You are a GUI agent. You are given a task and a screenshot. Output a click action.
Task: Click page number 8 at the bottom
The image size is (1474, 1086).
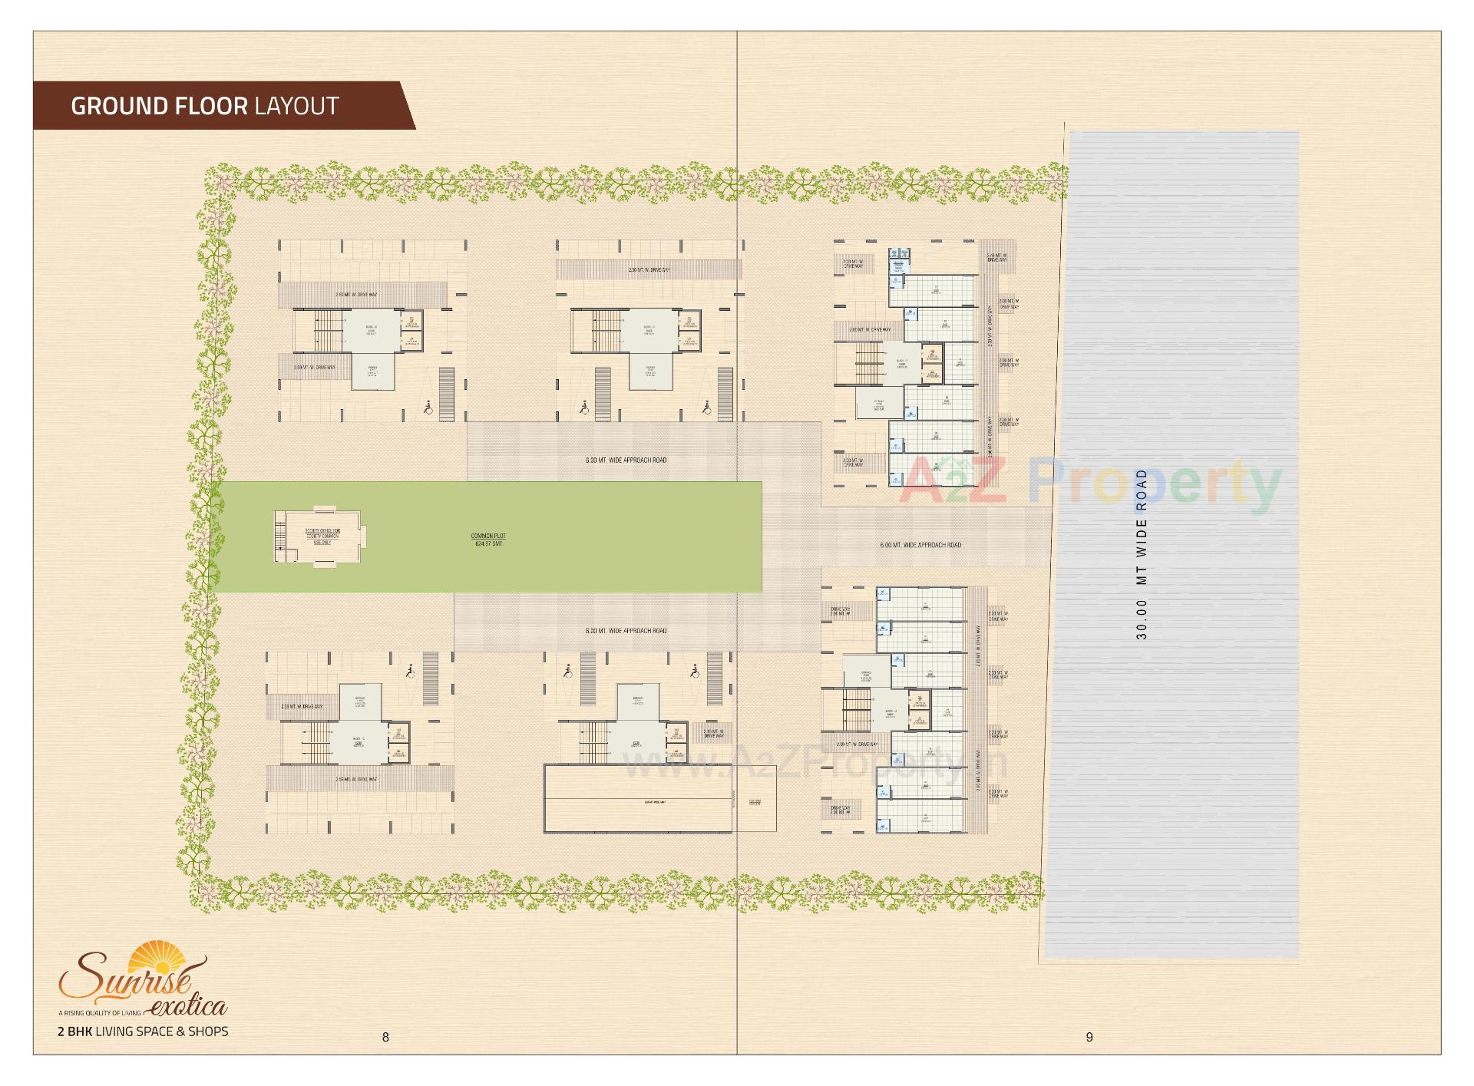(385, 1037)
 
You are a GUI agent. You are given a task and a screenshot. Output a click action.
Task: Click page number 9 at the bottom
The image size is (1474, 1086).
(1089, 1037)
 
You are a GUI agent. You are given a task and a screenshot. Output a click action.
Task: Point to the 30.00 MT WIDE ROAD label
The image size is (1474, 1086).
(1142, 554)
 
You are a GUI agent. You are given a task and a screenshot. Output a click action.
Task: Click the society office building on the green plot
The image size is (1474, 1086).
(319, 535)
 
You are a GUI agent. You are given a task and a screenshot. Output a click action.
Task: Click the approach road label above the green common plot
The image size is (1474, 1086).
(626, 460)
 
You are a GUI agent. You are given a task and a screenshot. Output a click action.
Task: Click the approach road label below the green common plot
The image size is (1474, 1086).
(626, 631)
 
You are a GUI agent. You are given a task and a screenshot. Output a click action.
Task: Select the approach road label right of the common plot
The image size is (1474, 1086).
(920, 545)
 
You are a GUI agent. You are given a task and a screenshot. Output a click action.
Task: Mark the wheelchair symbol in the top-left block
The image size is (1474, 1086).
(428, 409)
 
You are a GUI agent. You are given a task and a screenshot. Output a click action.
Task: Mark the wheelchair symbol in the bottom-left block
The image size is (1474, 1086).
(410, 671)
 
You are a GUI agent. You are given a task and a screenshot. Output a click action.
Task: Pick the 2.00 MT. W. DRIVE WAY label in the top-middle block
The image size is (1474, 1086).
(649, 270)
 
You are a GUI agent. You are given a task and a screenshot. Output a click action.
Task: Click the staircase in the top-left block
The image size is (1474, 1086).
(326, 331)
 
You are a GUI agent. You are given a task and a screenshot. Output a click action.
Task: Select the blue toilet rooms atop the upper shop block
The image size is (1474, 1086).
(898, 260)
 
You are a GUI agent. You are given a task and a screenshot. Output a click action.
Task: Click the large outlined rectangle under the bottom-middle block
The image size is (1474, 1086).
(637, 798)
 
